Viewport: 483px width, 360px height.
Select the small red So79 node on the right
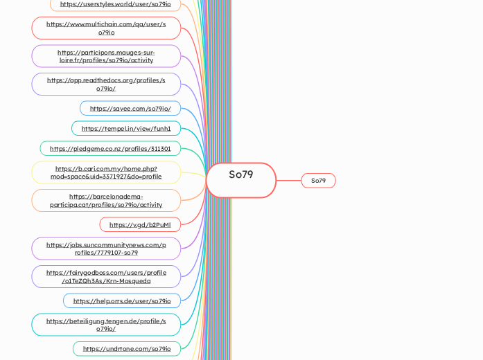[318, 181]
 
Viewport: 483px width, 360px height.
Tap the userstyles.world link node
[115, 4]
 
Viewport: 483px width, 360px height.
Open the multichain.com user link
[106, 28]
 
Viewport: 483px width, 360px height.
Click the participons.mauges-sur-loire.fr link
[106, 56]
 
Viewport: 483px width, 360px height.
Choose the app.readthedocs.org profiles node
[106, 84]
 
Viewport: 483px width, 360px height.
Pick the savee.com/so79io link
[130, 109]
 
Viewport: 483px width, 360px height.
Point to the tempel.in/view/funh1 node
[126, 128]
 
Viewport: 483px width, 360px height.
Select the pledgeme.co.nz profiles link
[110, 148]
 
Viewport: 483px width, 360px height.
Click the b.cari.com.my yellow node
[106, 172]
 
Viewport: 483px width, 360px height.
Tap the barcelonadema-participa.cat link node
[106, 201]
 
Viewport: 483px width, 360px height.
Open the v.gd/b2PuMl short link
[140, 224]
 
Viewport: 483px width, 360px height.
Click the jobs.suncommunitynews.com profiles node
[106, 249]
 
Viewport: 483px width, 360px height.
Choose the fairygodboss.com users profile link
[106, 277]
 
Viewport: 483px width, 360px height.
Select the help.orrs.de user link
[122, 300]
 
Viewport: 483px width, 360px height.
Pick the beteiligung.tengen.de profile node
[106, 325]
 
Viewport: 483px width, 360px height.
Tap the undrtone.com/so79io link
[127, 348]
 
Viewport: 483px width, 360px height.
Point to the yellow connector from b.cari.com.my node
[193, 174]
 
